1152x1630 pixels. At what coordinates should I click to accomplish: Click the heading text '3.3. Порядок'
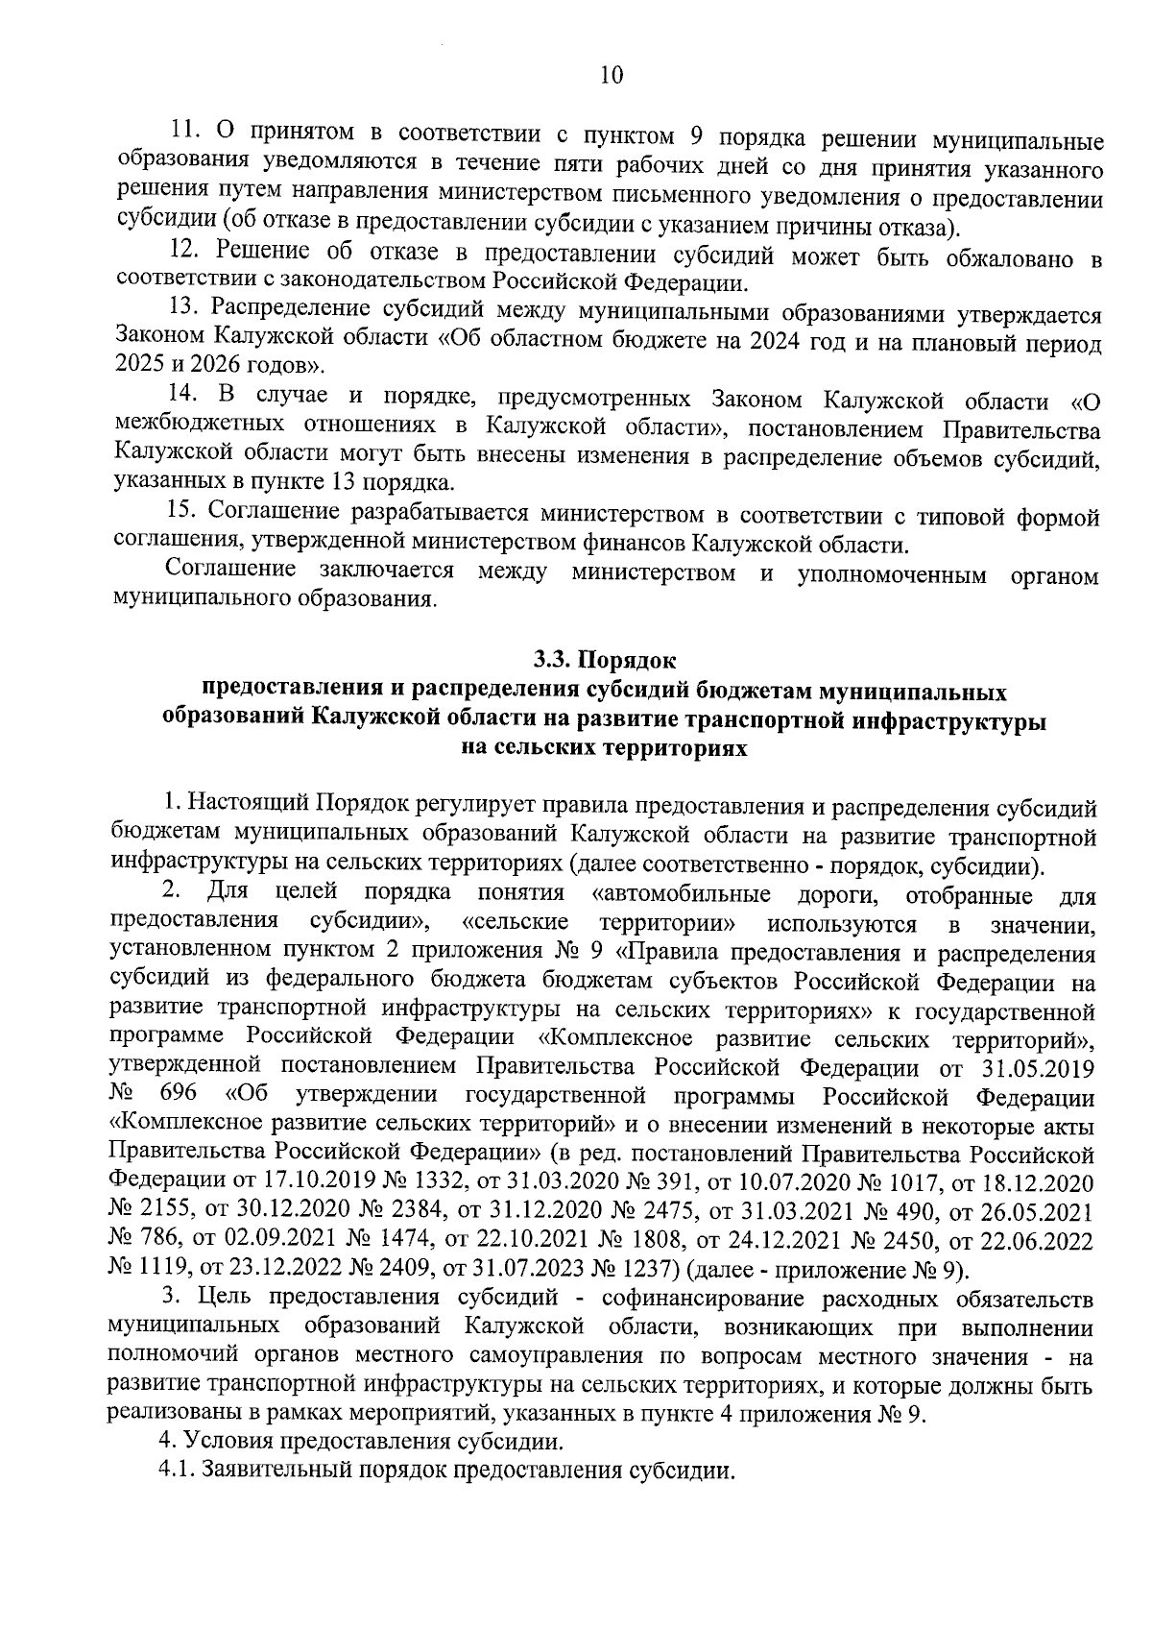pyautogui.click(x=605, y=661)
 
